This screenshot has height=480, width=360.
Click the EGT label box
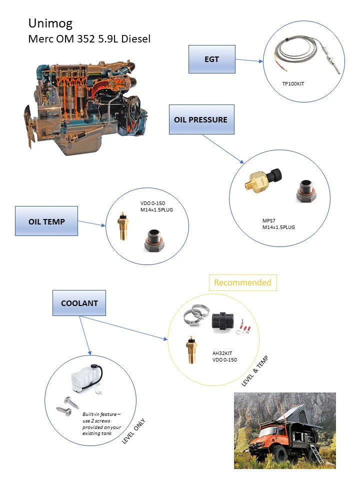[x=211, y=59]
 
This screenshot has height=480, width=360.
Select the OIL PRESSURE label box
[x=201, y=119]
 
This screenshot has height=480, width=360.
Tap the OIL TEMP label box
[x=46, y=221]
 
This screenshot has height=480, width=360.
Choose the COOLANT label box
[x=79, y=303]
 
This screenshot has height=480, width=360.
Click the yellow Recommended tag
[x=242, y=282]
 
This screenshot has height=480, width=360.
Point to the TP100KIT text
[x=293, y=83]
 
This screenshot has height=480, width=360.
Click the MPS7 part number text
[x=269, y=220]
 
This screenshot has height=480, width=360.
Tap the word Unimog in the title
[x=50, y=23]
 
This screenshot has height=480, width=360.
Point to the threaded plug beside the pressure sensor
[x=305, y=190]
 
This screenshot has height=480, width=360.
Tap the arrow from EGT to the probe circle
[x=248, y=60]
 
